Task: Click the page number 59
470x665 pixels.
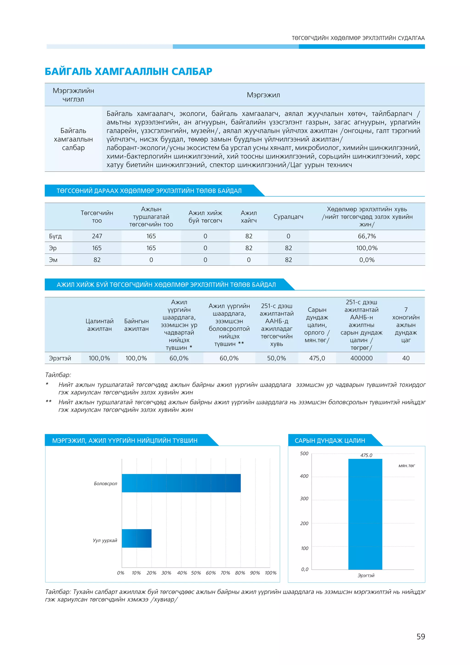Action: pos(420,637)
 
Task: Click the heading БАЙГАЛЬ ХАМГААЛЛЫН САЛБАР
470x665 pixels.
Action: pos(129,71)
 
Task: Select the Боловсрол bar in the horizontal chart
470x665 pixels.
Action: pos(181,483)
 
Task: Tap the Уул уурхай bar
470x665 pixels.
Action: pos(137,538)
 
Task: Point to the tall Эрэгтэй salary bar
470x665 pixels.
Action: pos(365,514)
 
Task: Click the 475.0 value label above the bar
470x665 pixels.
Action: pos(366,455)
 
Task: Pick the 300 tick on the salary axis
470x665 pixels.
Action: pos(304,499)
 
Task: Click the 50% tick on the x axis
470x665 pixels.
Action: pos(196,573)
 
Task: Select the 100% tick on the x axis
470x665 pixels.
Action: pos(271,573)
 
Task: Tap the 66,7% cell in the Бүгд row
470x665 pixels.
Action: pos(367,236)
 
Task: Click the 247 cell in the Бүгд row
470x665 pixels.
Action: pos(97,236)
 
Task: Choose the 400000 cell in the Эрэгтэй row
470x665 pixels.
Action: pos(361,358)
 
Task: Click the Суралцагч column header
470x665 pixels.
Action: pos(288,217)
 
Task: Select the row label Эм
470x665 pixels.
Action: pos(53,260)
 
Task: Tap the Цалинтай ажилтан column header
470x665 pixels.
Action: pos(99,325)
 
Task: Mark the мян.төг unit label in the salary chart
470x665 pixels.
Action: pos(406,466)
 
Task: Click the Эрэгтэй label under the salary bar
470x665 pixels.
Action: pos(366,575)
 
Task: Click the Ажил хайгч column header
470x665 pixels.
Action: pos(249,217)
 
